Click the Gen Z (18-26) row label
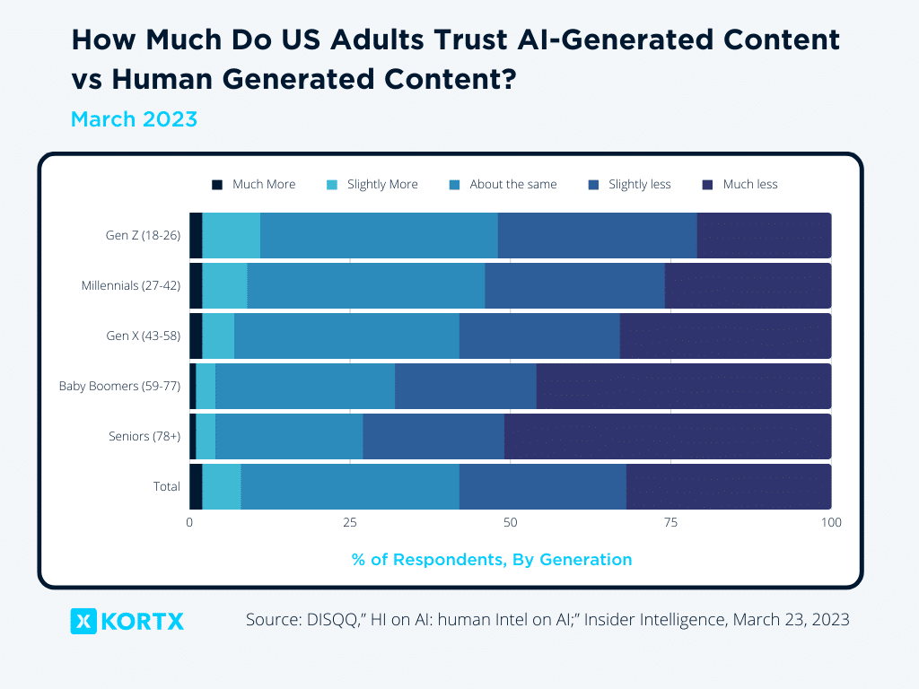(x=143, y=236)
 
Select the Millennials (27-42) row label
(x=131, y=286)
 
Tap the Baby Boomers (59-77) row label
(x=120, y=387)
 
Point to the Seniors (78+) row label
(x=144, y=437)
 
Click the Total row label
(x=166, y=487)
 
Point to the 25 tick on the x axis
(x=350, y=522)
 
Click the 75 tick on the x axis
(x=670, y=522)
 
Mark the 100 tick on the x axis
(x=831, y=522)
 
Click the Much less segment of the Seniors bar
(x=667, y=437)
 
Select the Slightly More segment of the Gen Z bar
(x=232, y=236)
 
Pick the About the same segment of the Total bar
(x=350, y=487)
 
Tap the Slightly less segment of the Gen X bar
(x=539, y=336)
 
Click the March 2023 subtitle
(x=134, y=119)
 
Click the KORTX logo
(x=127, y=621)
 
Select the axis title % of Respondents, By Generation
(x=492, y=560)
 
